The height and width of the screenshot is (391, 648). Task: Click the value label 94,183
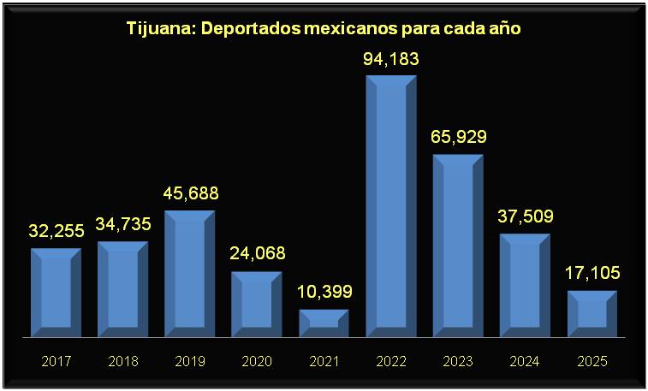391,61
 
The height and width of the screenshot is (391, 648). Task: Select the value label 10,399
324,293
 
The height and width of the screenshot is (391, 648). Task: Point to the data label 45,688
190,193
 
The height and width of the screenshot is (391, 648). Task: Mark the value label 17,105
592,274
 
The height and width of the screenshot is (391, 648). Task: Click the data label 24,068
257,254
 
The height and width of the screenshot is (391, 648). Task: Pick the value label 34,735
123,225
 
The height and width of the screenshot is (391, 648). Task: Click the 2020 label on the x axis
257,361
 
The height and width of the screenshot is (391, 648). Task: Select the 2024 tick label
525,361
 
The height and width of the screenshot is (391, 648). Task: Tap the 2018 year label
123,361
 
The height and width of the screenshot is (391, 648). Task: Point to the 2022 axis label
391,361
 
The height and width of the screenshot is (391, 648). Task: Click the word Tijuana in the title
158,28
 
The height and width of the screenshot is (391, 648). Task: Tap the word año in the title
504,28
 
